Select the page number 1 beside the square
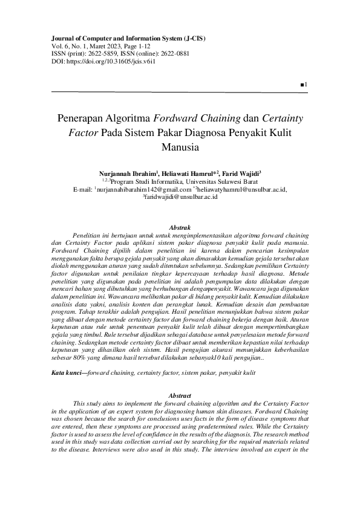(307, 84)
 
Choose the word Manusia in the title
(180, 146)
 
